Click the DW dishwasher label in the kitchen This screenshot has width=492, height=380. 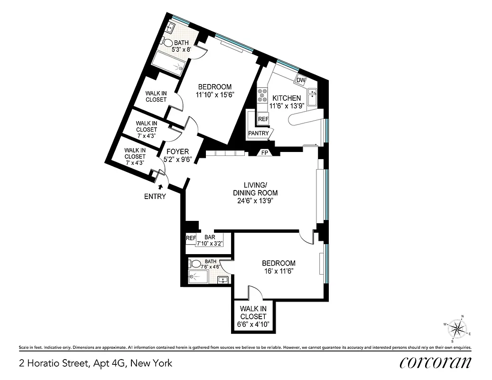pos(301,80)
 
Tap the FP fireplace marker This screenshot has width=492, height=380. pos(264,153)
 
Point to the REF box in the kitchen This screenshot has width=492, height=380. pos(263,119)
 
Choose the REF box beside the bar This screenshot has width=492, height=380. pos(191,238)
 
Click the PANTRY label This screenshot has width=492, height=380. pos(258,133)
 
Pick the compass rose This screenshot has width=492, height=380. pos(457,328)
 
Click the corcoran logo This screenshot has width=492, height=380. pos(435,363)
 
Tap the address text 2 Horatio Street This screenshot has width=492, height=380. pos(95,364)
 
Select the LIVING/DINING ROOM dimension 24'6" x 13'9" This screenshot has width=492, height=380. pos(255,200)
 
